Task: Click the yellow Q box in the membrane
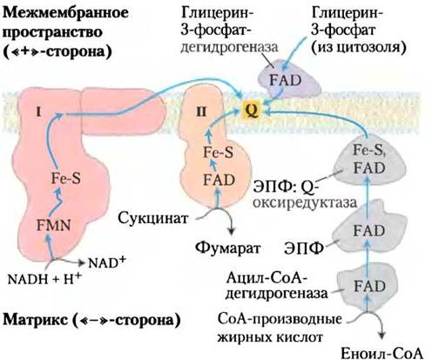252,111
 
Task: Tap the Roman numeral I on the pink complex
38,112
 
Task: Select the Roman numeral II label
201,112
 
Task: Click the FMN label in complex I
54,226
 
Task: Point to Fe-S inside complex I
66,179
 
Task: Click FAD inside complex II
219,180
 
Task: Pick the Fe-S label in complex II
218,153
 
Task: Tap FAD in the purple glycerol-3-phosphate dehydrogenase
286,80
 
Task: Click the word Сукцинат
153,218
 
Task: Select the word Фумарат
227,248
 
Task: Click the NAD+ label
107,262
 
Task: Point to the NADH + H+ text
44,278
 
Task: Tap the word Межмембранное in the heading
65,13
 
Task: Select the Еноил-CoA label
381,354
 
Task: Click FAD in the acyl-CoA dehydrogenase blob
369,287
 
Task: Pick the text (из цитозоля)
359,48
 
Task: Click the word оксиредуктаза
305,203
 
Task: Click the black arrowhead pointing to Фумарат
231,231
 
